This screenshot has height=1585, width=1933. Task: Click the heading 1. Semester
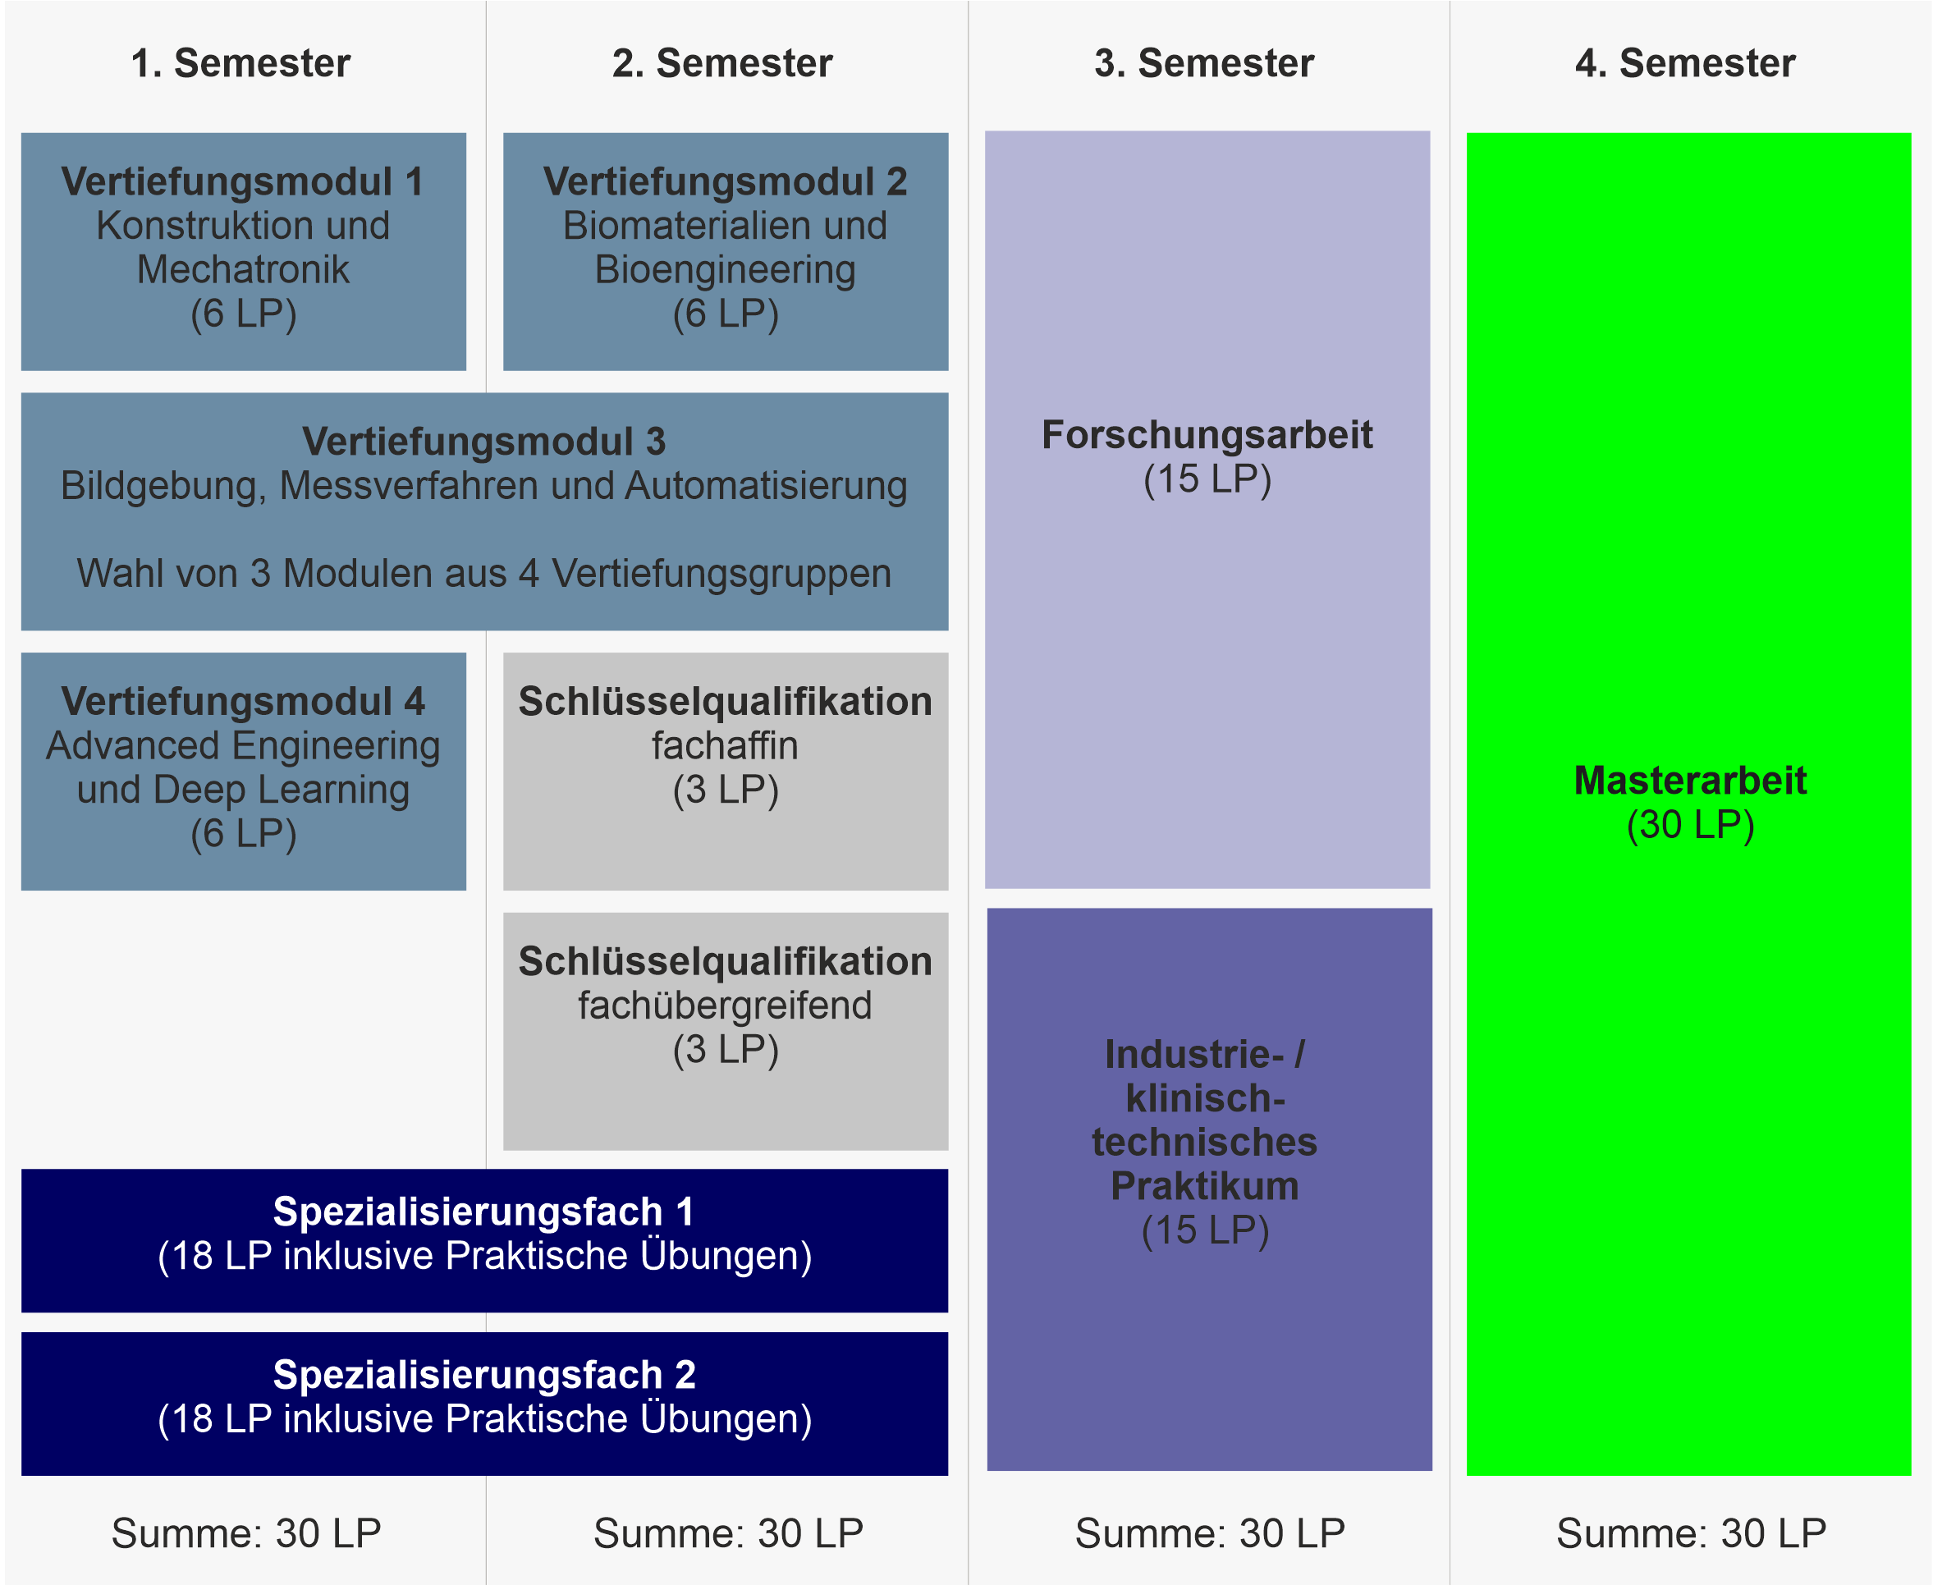click(241, 63)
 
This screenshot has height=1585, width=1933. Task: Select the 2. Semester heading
click(722, 63)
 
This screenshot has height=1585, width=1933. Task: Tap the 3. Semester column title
click(1204, 63)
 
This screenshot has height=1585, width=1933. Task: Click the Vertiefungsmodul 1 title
click(243, 181)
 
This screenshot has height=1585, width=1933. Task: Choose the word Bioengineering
click(726, 270)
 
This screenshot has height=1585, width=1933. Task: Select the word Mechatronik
click(243, 269)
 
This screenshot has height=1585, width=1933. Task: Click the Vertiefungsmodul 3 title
click(484, 442)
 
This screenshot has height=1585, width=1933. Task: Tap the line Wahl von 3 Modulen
click(484, 574)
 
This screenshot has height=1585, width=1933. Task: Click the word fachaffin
click(725, 746)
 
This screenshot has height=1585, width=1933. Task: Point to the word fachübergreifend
click(725, 1006)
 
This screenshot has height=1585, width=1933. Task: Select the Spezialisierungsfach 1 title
click(484, 1212)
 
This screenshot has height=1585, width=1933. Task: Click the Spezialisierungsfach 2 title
click(484, 1375)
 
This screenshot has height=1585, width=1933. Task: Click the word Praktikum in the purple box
click(1204, 1186)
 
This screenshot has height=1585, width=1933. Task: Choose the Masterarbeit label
click(1690, 781)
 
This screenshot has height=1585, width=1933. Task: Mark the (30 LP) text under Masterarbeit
click(1690, 826)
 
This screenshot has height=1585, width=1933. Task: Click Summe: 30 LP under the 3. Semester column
click(1210, 1533)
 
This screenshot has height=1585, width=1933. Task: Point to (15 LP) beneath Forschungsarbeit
click(1207, 480)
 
